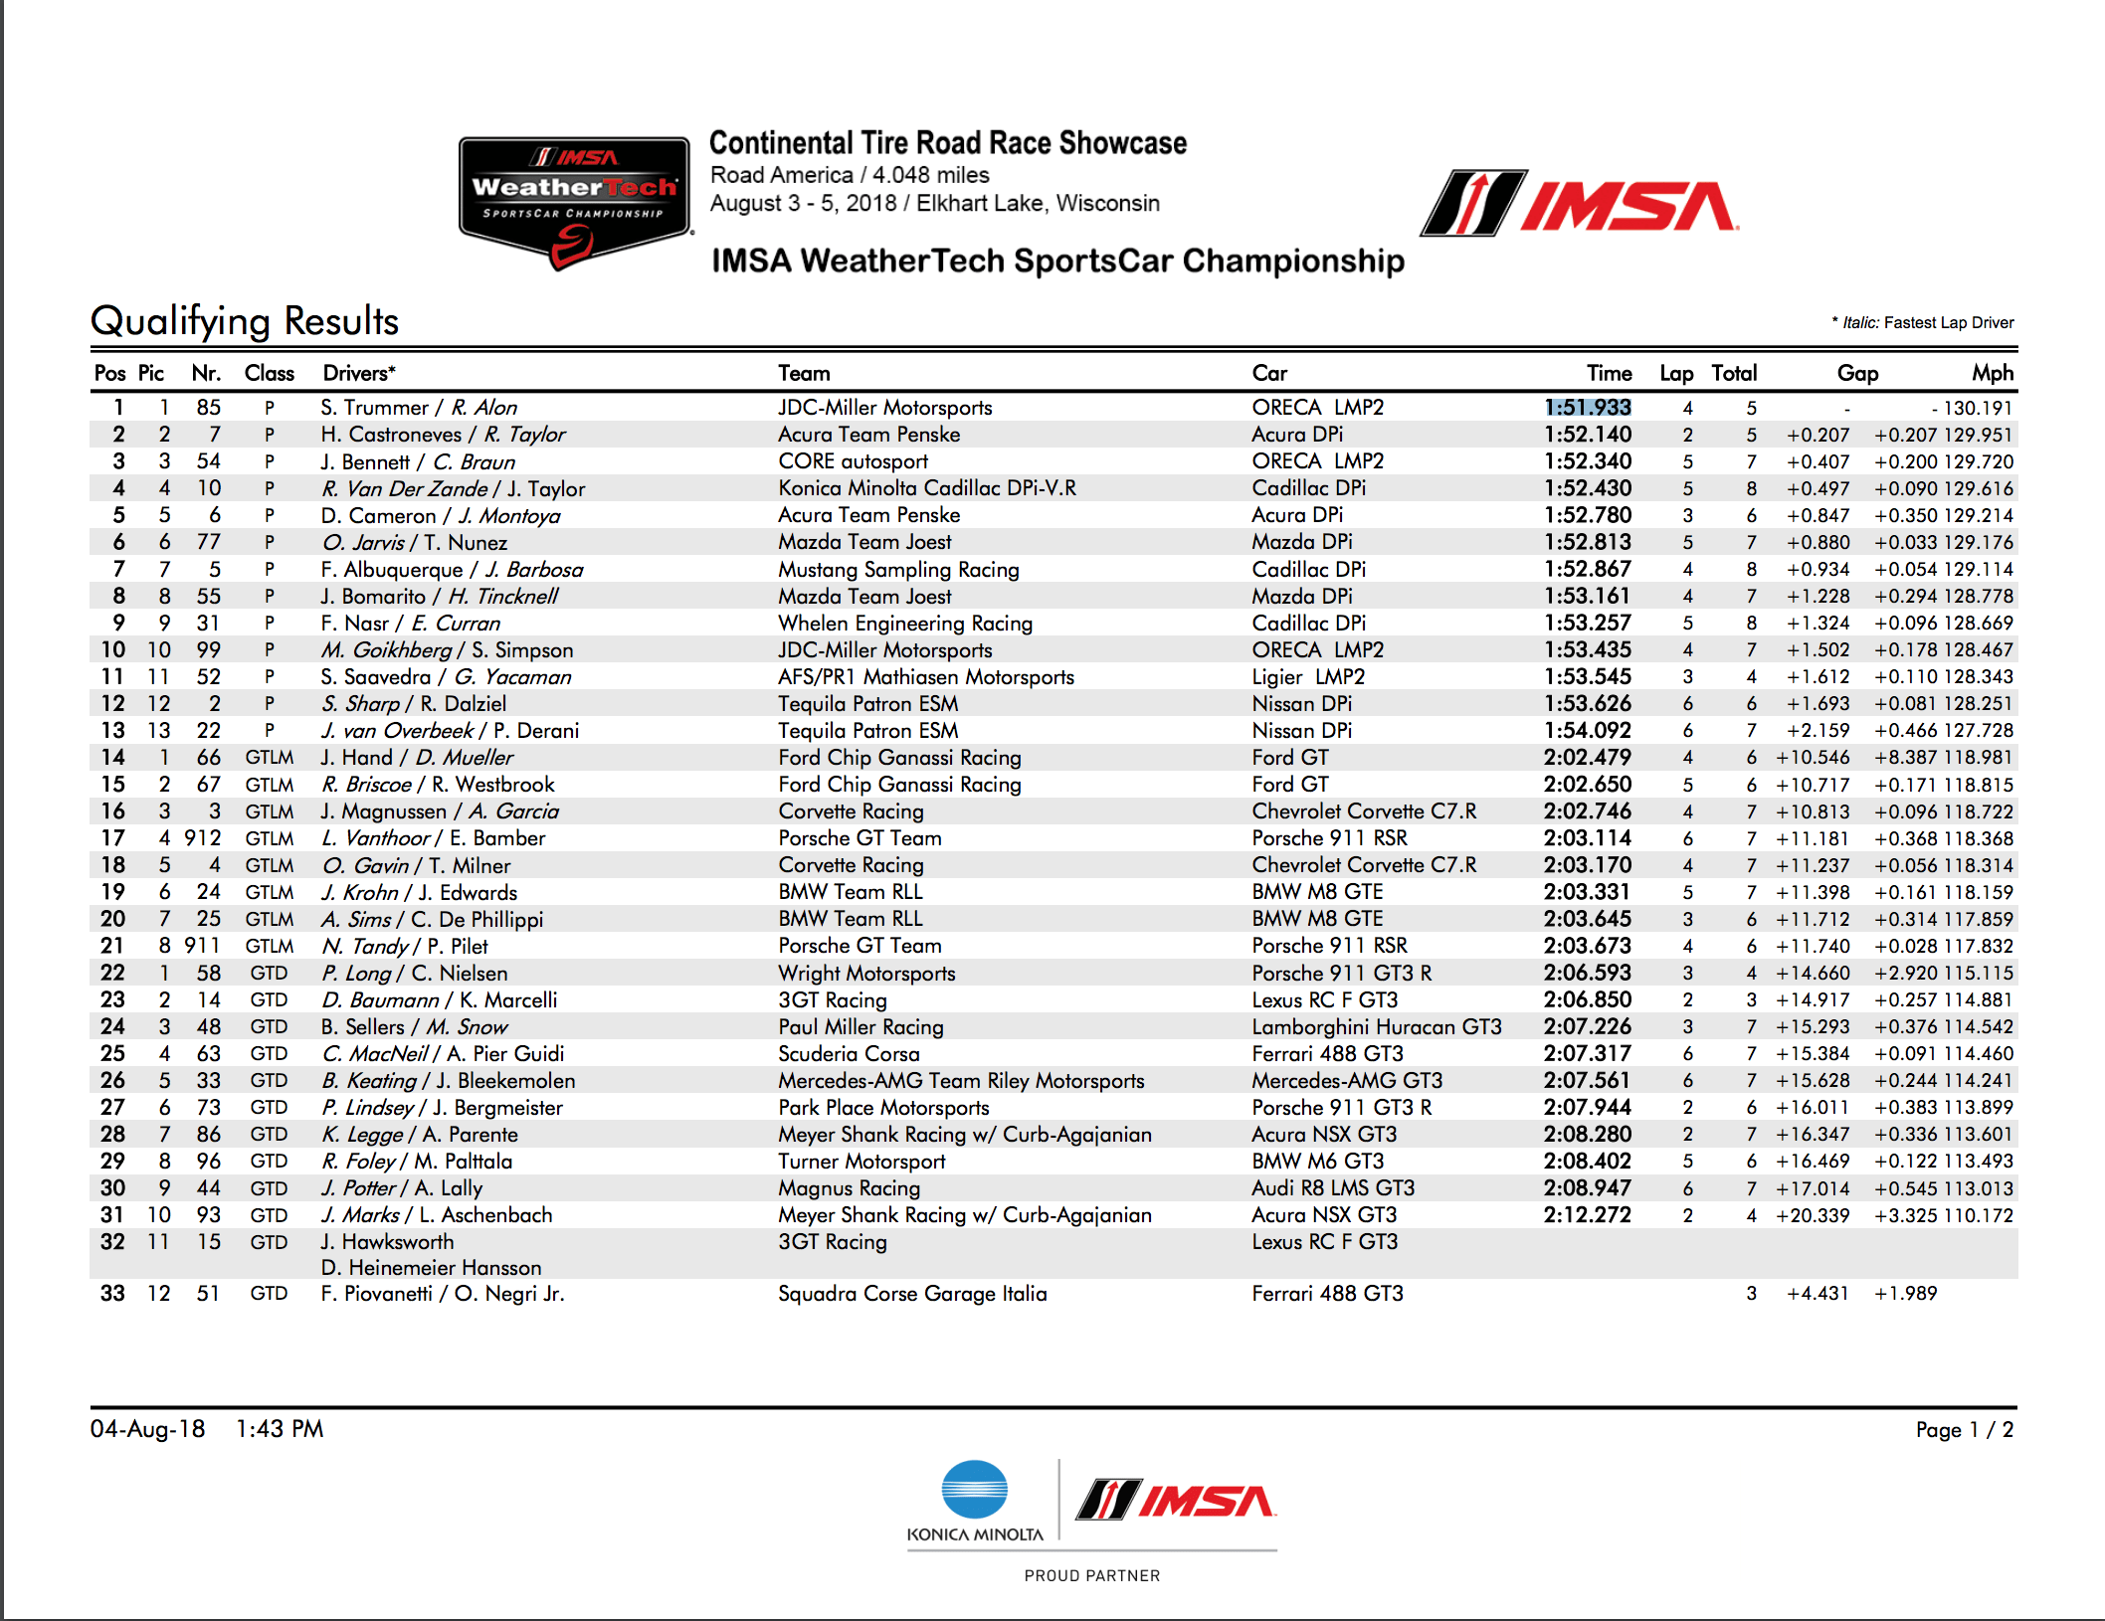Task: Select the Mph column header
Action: click(1992, 373)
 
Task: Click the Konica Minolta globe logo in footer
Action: click(974, 1490)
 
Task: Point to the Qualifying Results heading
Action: click(245, 321)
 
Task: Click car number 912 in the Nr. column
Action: click(203, 838)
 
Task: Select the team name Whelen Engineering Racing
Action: click(905, 624)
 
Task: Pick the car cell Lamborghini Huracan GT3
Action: click(1376, 1027)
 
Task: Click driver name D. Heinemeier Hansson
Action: click(431, 1268)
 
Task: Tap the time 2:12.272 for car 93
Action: click(1587, 1215)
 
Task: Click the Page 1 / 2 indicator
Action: click(1964, 1430)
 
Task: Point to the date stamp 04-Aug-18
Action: click(147, 1429)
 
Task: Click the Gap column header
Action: click(1857, 373)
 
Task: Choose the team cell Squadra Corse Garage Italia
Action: click(912, 1294)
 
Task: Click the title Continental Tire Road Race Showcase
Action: click(947, 143)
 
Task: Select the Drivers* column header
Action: click(359, 373)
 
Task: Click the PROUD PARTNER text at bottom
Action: click(1091, 1575)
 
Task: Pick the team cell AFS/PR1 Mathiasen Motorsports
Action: click(925, 677)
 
